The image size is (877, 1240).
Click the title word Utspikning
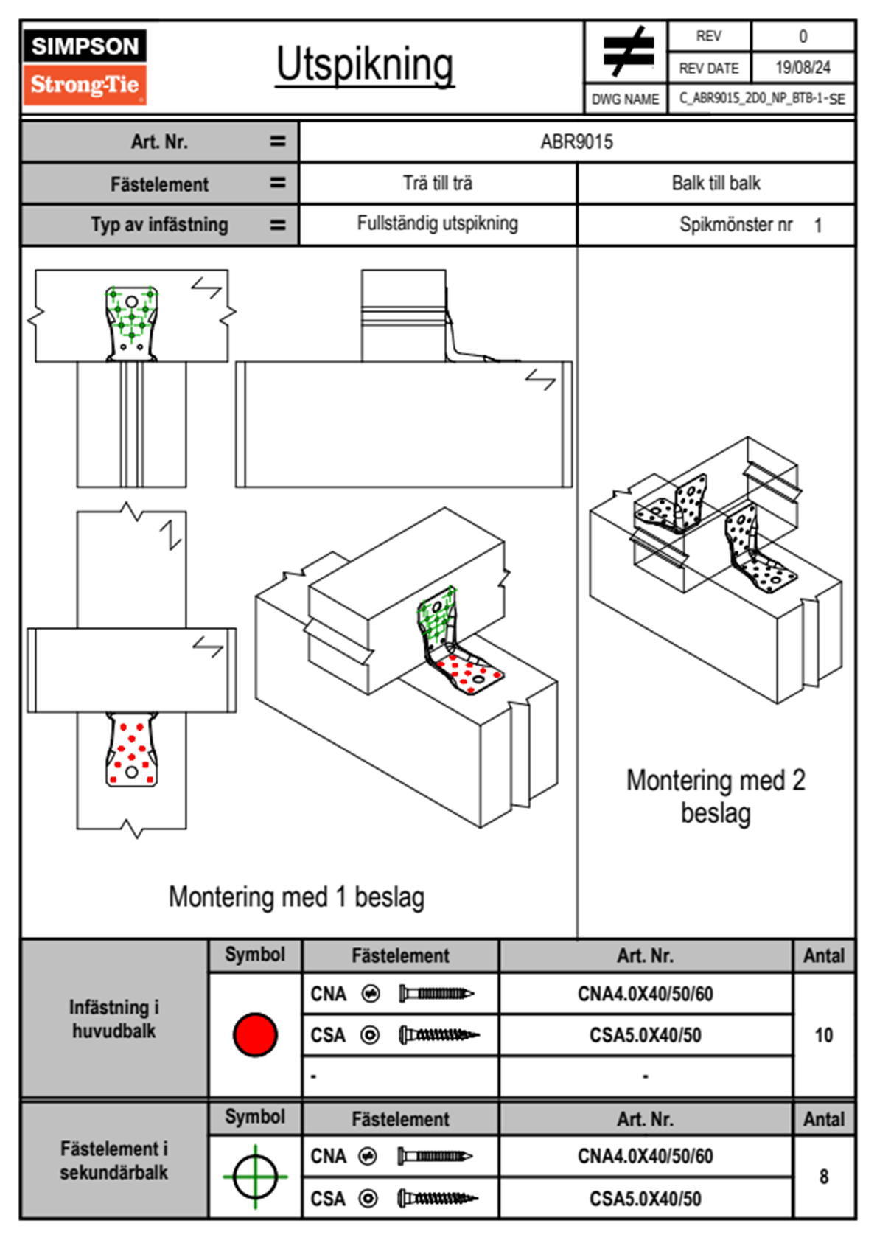365,66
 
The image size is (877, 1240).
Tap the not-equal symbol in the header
627,52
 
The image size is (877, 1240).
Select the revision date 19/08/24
803,68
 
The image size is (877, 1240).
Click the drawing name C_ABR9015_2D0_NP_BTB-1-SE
761,99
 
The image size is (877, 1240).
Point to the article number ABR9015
576,142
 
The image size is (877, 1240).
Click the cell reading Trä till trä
438,184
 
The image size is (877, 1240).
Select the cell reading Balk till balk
716,184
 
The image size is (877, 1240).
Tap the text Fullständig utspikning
438,223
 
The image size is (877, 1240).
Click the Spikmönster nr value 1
818,226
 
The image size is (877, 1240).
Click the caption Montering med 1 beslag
296,897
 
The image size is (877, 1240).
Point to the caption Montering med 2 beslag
716,797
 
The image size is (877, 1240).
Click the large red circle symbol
255,1034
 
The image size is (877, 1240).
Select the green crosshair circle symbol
255,1177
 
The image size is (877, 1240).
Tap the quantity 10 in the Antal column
823,1035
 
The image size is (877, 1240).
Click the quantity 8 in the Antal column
823,1177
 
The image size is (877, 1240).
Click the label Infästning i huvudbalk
114,1019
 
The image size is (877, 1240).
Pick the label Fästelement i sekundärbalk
114,1160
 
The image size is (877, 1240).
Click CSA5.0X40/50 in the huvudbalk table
645,1036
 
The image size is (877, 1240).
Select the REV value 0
803,36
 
